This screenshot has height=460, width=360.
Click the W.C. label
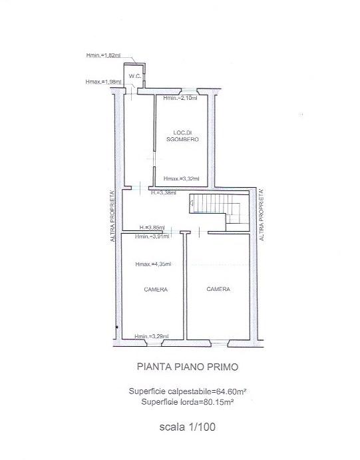click(x=134, y=75)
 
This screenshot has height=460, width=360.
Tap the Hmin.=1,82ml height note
click(x=104, y=55)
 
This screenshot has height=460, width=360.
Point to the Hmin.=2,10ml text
click(x=180, y=99)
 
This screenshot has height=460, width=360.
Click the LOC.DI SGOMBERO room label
click(x=182, y=136)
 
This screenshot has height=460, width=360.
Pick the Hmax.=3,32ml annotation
click(x=180, y=179)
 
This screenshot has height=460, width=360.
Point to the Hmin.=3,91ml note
click(x=152, y=236)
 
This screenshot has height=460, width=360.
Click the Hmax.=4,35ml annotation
click(x=152, y=264)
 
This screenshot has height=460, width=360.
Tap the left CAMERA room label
click(x=155, y=290)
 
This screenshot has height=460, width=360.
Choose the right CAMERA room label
click(x=218, y=289)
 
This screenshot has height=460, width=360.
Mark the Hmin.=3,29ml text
click(x=151, y=336)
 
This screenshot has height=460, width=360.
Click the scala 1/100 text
click(x=183, y=427)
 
